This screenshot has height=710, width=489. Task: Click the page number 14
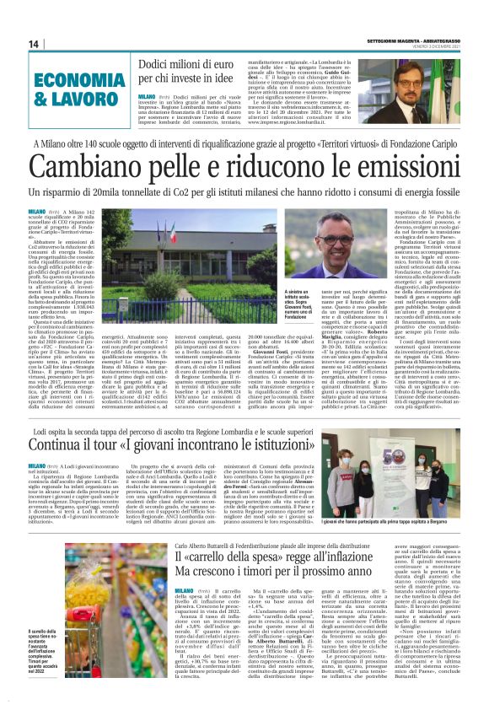[x=35, y=44]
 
